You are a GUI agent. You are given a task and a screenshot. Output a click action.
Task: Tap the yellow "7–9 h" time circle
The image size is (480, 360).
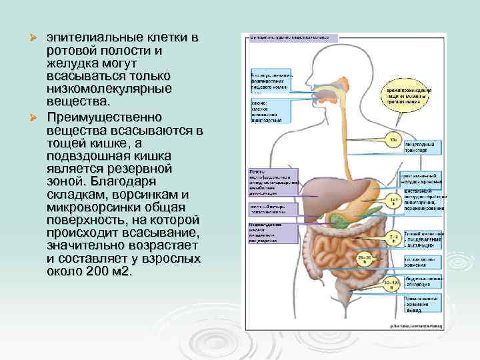(x=393, y=237)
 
